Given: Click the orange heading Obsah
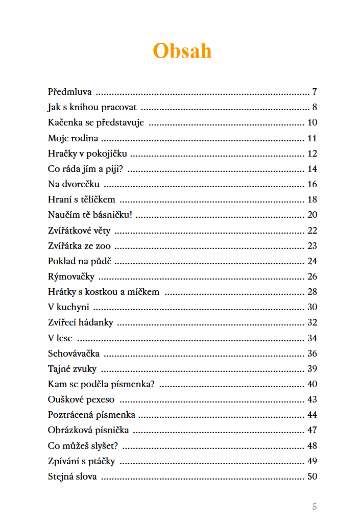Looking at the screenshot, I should click(x=182, y=51).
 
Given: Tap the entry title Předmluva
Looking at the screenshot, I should click(x=70, y=92).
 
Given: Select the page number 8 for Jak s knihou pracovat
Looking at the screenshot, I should click(x=315, y=107).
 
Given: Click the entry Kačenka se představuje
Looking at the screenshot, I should click(x=96, y=122).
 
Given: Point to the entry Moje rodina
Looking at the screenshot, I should click(x=73, y=138).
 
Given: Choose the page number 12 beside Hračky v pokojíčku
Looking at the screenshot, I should click(x=312, y=154).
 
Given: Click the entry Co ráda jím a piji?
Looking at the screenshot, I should click(x=86, y=169).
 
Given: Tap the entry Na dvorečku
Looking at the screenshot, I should click(x=74, y=184).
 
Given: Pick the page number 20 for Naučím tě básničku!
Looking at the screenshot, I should click(x=312, y=215).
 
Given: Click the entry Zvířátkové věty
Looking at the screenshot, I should click(x=79, y=231).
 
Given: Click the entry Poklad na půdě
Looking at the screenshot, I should click(x=80, y=261).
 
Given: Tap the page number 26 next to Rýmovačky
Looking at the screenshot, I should click(x=312, y=277).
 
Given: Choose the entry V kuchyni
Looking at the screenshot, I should click(x=68, y=307).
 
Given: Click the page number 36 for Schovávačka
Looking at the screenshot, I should click(x=312, y=354).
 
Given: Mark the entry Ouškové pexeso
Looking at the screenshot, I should click(x=81, y=399).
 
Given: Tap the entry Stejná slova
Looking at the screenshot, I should click(x=73, y=476).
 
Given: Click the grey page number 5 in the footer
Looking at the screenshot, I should click(x=315, y=507).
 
